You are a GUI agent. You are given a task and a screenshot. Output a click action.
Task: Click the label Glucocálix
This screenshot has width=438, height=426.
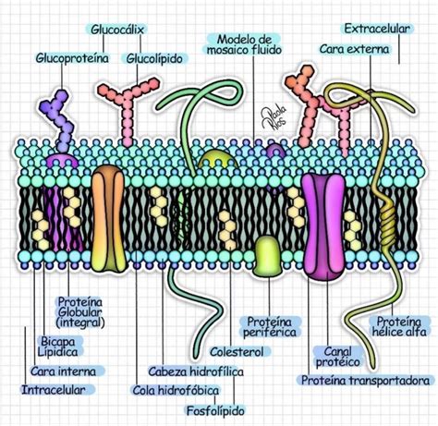[x=119, y=30]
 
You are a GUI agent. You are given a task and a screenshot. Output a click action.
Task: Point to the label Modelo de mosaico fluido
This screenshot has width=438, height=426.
[x=245, y=47]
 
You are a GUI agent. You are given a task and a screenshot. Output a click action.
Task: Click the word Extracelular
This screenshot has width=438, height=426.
[x=376, y=29]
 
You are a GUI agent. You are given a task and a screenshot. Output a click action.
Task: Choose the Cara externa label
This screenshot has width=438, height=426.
[x=354, y=48]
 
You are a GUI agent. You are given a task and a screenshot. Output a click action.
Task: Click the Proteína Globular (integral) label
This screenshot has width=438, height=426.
[x=80, y=312]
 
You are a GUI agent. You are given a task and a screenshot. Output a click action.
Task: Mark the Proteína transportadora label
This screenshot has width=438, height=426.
[x=366, y=380]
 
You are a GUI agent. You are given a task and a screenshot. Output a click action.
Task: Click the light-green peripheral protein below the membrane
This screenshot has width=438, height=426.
[x=267, y=254]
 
